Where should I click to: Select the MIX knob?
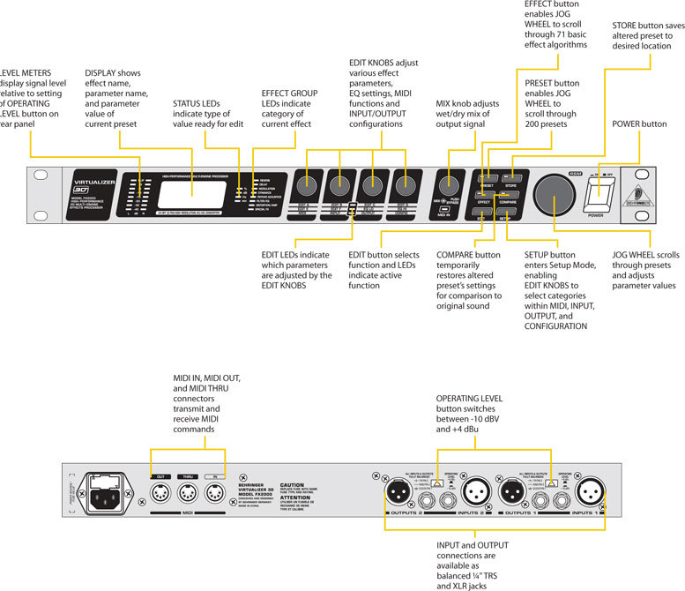[x=448, y=187]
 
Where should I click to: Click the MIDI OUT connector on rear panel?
[x=161, y=491]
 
